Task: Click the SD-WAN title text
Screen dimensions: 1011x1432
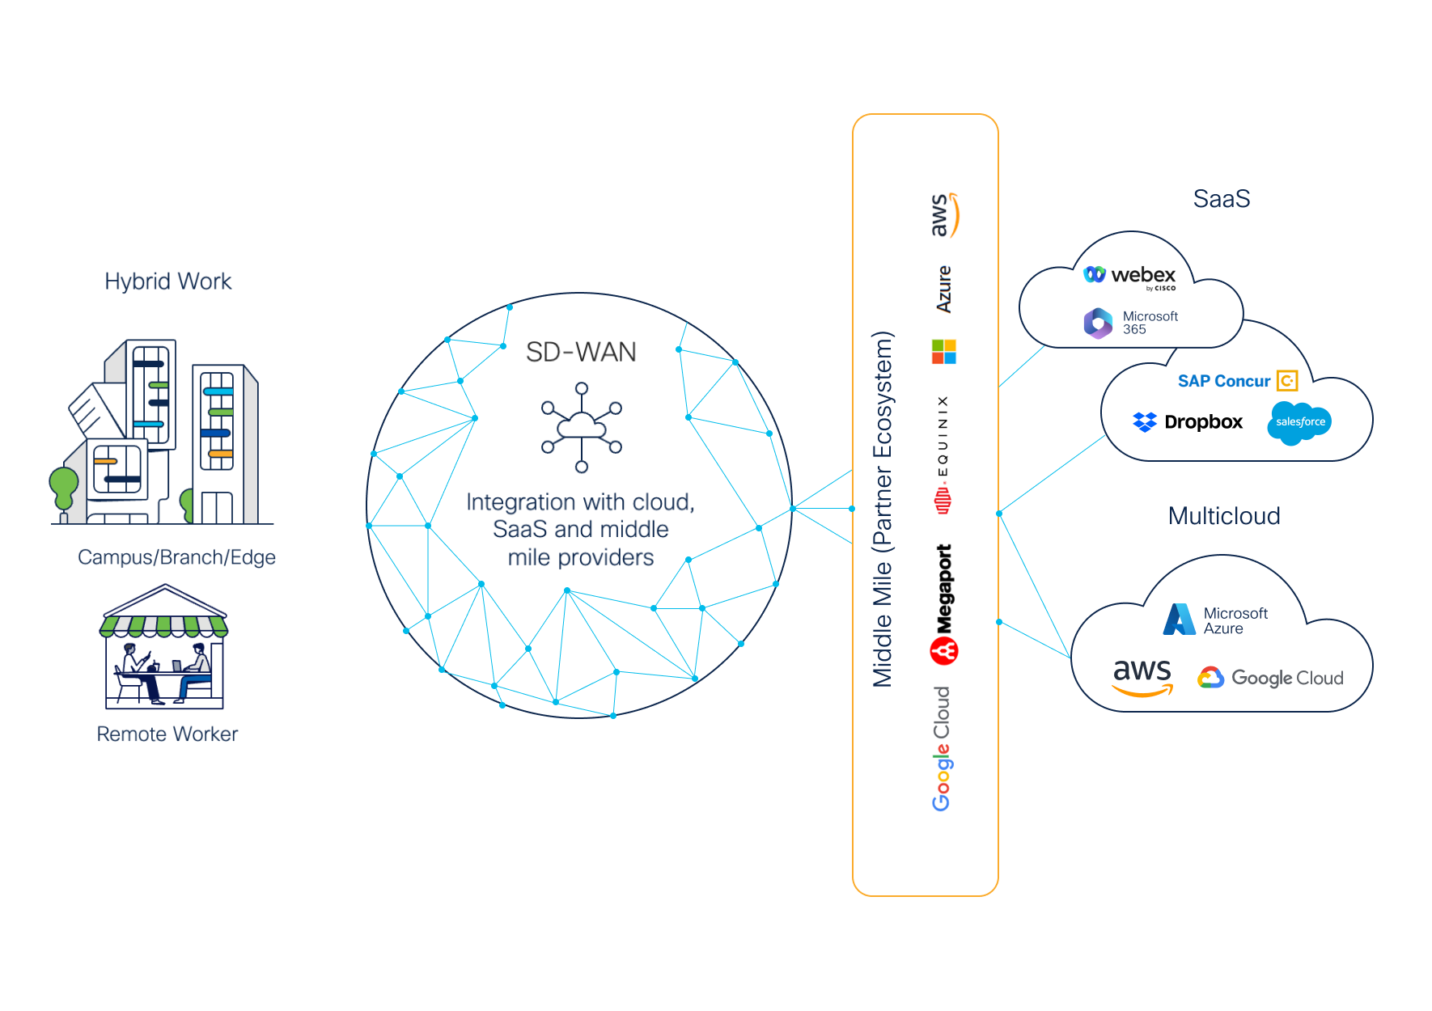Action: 581,352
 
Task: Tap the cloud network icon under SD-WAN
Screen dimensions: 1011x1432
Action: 582,427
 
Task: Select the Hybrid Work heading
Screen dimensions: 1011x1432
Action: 167,281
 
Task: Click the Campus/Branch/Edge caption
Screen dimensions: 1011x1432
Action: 176,557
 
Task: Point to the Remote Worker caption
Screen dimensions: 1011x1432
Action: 167,734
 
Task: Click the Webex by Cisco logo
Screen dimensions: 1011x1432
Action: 1130,277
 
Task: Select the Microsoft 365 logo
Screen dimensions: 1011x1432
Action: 1131,323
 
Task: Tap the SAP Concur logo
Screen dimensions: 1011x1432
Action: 1237,381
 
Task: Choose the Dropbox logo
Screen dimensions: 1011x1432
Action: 1188,422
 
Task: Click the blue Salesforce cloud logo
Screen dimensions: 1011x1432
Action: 1299,422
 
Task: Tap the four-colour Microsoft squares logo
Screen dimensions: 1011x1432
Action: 943,352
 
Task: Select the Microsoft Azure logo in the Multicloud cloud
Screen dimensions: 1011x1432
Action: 1216,620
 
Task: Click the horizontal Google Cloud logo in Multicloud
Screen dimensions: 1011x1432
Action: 1271,678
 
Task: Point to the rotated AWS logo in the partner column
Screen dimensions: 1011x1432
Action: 943,215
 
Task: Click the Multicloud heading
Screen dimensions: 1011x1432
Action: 1224,516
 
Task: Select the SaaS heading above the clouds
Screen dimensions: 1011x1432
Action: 1222,199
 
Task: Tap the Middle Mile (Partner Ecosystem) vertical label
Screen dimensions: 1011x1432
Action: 883,510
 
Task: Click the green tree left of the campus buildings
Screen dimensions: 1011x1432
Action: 63,487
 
